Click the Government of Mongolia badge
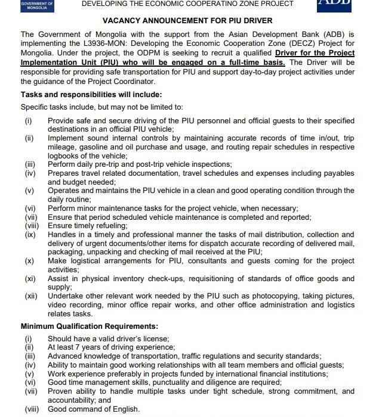(x=36, y=5)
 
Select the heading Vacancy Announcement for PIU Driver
(x=188, y=20)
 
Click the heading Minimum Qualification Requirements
(x=89, y=326)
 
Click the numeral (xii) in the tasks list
(x=31, y=296)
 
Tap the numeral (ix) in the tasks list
(x=29, y=235)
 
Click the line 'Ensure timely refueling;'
(x=89, y=226)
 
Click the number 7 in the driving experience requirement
(x=76, y=347)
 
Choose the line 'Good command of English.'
(x=94, y=409)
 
